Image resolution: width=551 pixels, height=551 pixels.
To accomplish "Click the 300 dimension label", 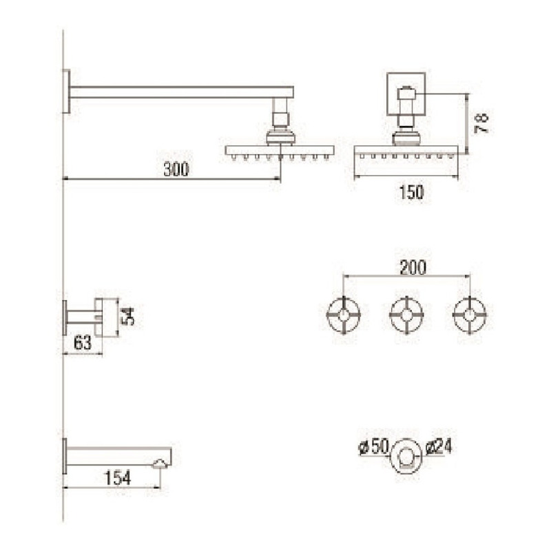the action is pos(176,169).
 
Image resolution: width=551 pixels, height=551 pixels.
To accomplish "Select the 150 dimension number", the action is pos(411,192).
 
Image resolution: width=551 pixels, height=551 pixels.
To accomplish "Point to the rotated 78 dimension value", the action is pos(481,123).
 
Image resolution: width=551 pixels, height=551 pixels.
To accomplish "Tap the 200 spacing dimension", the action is pos(413,267).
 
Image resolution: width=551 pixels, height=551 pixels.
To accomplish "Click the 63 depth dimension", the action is pos(83,342).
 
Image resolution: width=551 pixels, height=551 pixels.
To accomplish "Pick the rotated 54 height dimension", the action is pos(127,316).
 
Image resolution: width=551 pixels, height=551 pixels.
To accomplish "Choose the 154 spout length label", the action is pos(118,478).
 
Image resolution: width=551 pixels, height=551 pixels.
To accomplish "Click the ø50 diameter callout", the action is pos(373,446).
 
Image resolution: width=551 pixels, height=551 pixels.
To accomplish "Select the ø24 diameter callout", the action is pos(438,446).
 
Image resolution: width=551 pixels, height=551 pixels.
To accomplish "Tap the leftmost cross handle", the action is pos(344,315).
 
